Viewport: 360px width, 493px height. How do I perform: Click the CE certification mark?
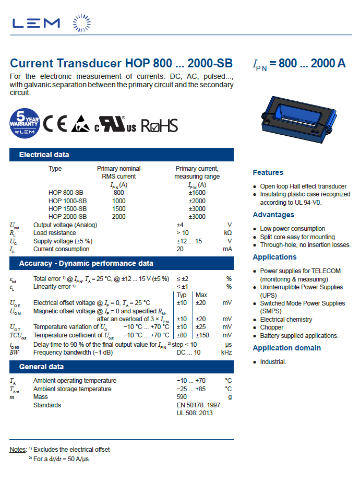click(x=55, y=124)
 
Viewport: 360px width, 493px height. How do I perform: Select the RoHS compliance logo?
click(x=159, y=125)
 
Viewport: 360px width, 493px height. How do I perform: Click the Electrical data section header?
click(x=44, y=155)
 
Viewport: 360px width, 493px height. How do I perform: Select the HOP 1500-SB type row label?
click(x=67, y=208)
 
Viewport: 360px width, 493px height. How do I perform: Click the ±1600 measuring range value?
click(x=197, y=193)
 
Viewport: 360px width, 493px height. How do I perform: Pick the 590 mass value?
click(x=182, y=397)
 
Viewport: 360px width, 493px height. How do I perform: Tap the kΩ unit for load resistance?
click(x=227, y=233)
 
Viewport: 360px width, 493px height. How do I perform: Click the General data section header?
click(x=41, y=367)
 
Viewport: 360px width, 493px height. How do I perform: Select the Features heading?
click(x=268, y=172)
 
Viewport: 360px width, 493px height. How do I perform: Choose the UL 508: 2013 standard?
click(x=195, y=413)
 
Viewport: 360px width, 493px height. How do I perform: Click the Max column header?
click(x=201, y=295)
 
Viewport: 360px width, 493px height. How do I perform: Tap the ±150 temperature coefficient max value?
click(x=202, y=335)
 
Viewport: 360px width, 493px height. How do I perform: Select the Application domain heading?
click(x=286, y=348)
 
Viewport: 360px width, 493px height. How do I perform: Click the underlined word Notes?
click(x=18, y=449)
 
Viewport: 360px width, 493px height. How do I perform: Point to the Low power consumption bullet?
click(x=292, y=229)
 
